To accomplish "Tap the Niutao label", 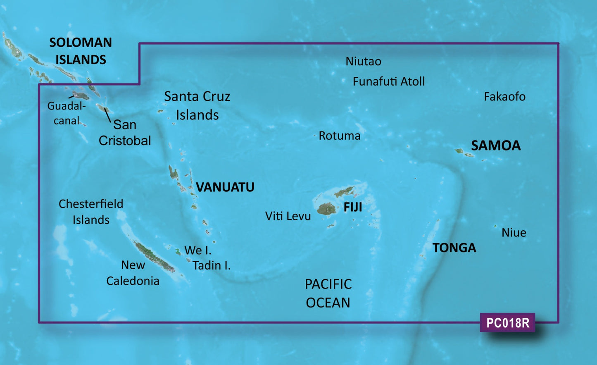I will pyautogui.click(x=363, y=62).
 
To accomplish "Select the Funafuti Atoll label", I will pyautogui.click(x=388, y=81).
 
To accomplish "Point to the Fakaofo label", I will pyautogui.click(x=504, y=97).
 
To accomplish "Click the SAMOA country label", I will pyautogui.click(x=496, y=146).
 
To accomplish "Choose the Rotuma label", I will pyautogui.click(x=340, y=136).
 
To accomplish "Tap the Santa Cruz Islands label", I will pyautogui.click(x=197, y=105).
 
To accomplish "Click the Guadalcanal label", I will pyautogui.click(x=66, y=113).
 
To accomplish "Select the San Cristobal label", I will pyautogui.click(x=124, y=132).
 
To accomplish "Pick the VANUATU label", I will pyautogui.click(x=225, y=187).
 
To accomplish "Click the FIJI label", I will pyautogui.click(x=353, y=207).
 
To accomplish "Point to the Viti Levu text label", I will pyautogui.click(x=288, y=216).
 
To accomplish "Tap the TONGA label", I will pyautogui.click(x=454, y=248).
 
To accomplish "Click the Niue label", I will pyautogui.click(x=514, y=233).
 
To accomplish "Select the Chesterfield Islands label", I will pyautogui.click(x=91, y=212).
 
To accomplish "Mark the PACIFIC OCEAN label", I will pyautogui.click(x=328, y=293).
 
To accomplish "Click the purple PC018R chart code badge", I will pyautogui.click(x=507, y=322).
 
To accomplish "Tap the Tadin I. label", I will pyautogui.click(x=212, y=265).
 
